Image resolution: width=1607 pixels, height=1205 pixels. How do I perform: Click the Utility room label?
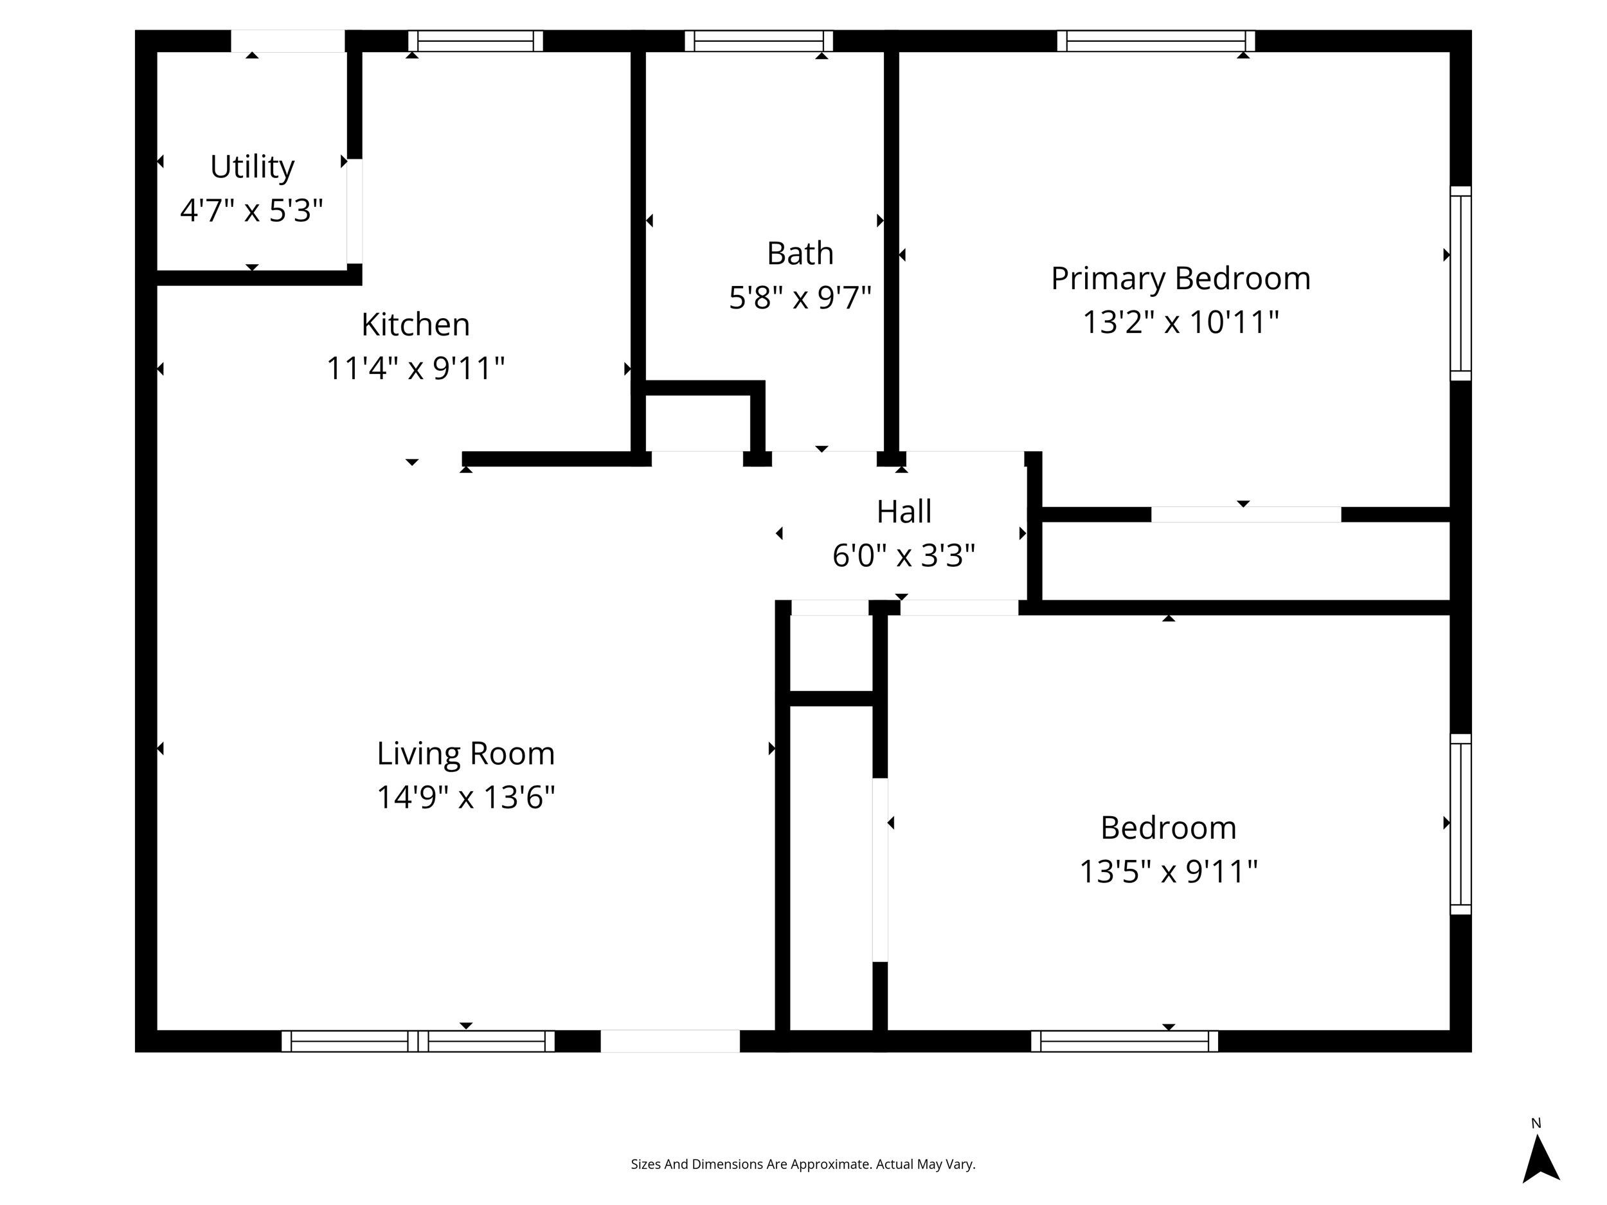(x=252, y=167)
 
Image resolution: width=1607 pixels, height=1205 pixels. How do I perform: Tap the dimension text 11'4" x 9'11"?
(x=415, y=368)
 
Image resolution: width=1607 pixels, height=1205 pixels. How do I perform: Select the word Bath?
(x=800, y=253)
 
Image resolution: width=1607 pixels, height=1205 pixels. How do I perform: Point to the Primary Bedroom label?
(x=1181, y=279)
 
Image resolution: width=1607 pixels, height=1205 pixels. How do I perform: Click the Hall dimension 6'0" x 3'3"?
(x=903, y=556)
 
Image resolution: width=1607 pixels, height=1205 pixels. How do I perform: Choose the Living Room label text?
(x=465, y=753)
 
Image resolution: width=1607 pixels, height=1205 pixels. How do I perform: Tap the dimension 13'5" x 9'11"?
(x=1168, y=871)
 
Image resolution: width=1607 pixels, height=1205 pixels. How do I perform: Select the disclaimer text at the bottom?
(x=803, y=1165)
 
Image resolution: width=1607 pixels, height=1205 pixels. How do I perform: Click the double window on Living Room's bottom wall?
(x=418, y=1041)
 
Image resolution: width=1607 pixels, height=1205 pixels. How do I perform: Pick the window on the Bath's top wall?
(x=759, y=40)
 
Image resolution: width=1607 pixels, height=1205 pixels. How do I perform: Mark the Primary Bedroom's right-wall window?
(x=1460, y=283)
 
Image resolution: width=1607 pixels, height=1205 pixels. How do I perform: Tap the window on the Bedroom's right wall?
(x=1460, y=824)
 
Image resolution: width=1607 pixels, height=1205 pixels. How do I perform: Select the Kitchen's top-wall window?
(x=475, y=40)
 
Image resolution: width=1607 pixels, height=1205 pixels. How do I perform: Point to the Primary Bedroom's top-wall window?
(x=1155, y=40)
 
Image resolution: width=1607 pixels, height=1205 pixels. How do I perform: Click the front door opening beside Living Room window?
(x=670, y=1041)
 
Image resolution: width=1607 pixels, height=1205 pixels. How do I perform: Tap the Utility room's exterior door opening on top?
(x=288, y=40)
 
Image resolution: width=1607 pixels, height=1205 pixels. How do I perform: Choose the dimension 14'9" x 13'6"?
(x=465, y=798)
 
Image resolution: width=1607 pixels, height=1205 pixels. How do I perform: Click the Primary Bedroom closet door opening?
(x=1245, y=514)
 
